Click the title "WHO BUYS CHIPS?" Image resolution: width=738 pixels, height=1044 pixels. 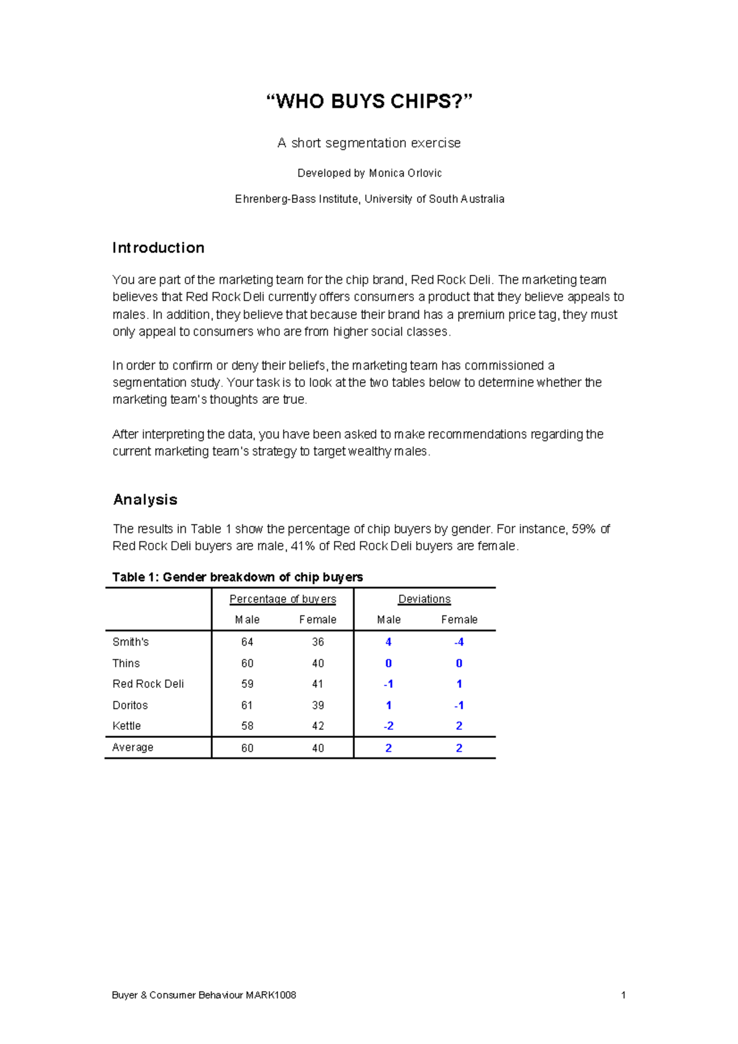[x=369, y=101]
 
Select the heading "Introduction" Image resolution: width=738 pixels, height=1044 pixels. [x=158, y=248]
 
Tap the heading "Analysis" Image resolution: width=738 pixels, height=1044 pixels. [x=145, y=499]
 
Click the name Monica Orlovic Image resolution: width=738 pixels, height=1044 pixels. [x=405, y=173]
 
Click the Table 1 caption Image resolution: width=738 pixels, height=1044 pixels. [x=237, y=577]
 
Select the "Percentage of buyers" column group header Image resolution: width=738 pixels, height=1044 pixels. [x=282, y=599]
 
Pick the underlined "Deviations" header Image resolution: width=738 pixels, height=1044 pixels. [x=424, y=599]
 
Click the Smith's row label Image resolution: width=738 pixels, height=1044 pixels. [x=130, y=642]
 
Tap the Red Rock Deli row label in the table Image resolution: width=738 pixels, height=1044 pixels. [x=148, y=684]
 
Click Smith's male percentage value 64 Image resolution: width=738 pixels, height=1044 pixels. [x=247, y=642]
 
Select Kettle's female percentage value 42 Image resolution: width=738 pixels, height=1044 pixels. [x=318, y=726]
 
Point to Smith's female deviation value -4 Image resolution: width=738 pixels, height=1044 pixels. [x=459, y=642]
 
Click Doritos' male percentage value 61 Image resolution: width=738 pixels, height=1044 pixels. [x=247, y=705]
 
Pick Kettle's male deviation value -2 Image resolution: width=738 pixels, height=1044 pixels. [x=388, y=726]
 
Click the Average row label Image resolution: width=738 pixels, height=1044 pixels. [x=133, y=748]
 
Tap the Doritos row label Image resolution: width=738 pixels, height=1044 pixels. [x=130, y=705]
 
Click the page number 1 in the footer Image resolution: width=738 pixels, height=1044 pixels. [x=623, y=995]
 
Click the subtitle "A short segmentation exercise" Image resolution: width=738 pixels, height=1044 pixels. [x=369, y=143]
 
